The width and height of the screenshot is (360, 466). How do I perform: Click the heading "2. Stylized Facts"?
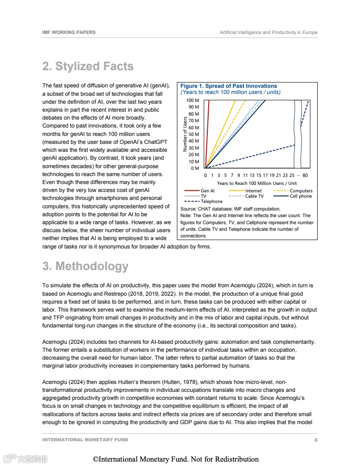[x=88, y=66]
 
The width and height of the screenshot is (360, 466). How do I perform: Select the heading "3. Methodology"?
[x=85, y=267]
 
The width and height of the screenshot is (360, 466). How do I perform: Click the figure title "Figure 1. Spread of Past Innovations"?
[x=229, y=86]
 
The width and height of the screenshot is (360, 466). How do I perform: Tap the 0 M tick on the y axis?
[x=195, y=169]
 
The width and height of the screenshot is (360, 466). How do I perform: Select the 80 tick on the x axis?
[x=305, y=176]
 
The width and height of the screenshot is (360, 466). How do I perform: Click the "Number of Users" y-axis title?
[x=185, y=134]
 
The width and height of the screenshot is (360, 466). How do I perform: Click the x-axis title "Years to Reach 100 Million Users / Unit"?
[x=257, y=183]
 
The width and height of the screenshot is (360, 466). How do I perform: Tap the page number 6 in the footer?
[x=316, y=440]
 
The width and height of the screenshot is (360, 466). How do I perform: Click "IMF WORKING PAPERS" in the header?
[x=69, y=33]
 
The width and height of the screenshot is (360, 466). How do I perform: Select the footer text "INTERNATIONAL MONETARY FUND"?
[x=85, y=440]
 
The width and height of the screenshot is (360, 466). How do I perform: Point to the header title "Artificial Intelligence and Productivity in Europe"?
[x=268, y=33]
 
